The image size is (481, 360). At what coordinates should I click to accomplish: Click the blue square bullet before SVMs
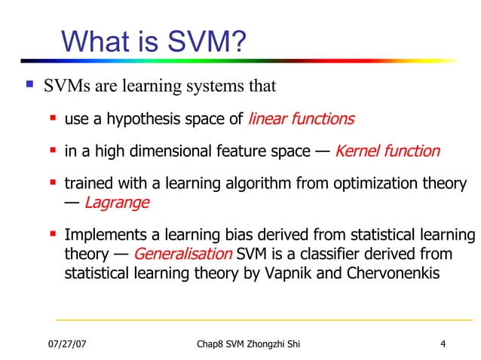pyautogui.click(x=29, y=85)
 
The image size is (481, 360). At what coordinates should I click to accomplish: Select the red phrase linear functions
pyautogui.click(x=301, y=118)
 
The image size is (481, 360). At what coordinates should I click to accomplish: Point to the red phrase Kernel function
pyautogui.click(x=387, y=151)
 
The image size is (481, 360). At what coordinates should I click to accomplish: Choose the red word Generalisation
pyautogui.click(x=182, y=253)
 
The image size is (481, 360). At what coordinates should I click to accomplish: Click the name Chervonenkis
pyautogui.click(x=392, y=272)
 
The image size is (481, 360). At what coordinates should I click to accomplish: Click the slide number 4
pyautogui.click(x=443, y=345)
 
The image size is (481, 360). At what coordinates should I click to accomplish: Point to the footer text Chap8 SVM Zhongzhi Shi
pyautogui.click(x=248, y=345)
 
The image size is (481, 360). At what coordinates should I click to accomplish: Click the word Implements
pyautogui.click(x=101, y=235)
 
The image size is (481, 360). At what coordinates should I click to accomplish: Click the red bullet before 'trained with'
pyautogui.click(x=54, y=183)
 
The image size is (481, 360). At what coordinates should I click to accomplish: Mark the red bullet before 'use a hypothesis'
pyautogui.click(x=54, y=117)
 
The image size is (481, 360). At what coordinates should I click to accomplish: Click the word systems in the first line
pyautogui.click(x=218, y=86)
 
